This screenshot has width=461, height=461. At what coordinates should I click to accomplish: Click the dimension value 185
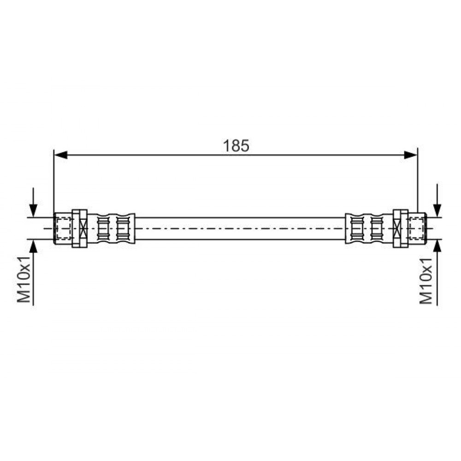(x=236, y=146)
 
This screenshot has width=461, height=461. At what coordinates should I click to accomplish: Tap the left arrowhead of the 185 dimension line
(x=61, y=155)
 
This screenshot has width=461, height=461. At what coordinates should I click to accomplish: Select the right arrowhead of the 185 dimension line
(x=411, y=155)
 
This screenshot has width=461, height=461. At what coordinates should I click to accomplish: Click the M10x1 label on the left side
(x=24, y=279)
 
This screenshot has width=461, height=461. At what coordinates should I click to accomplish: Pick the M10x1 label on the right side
(x=426, y=281)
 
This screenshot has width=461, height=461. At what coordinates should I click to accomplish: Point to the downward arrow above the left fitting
(x=34, y=202)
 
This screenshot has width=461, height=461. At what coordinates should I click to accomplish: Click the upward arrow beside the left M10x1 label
(x=34, y=272)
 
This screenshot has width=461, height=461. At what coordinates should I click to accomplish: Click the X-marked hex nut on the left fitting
(x=80, y=228)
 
